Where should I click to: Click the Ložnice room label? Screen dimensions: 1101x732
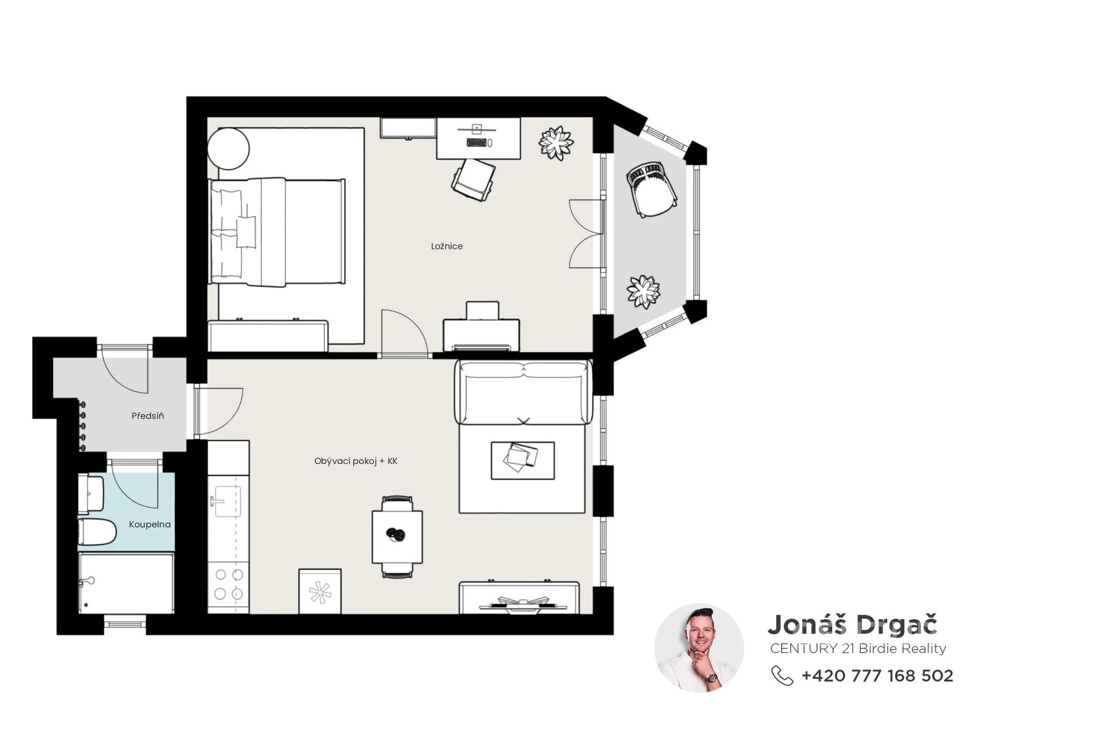pos(447,246)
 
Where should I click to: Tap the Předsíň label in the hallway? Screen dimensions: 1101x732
pos(148,416)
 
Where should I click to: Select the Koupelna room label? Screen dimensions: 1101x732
pos(150,524)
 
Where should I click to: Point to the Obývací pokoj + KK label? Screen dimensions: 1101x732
pos(356,461)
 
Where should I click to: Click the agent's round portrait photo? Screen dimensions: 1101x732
pos(699,648)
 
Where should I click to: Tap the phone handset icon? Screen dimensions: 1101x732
pos(782,676)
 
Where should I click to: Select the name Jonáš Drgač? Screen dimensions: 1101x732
pos(853,624)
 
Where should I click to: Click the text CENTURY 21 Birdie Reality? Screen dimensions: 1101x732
pos(858,648)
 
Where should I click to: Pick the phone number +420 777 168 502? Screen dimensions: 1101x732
pos(877,676)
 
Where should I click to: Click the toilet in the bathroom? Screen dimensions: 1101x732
pos(97,532)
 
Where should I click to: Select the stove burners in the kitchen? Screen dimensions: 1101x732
pos(228,584)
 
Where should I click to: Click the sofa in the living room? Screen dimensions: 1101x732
pos(523,392)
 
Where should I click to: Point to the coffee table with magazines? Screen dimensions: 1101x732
pos(522,460)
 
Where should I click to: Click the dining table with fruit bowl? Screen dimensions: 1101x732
pos(397,537)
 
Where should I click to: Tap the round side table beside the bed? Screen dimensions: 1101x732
pos(228,148)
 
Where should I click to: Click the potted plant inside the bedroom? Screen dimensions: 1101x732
pos(556,143)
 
